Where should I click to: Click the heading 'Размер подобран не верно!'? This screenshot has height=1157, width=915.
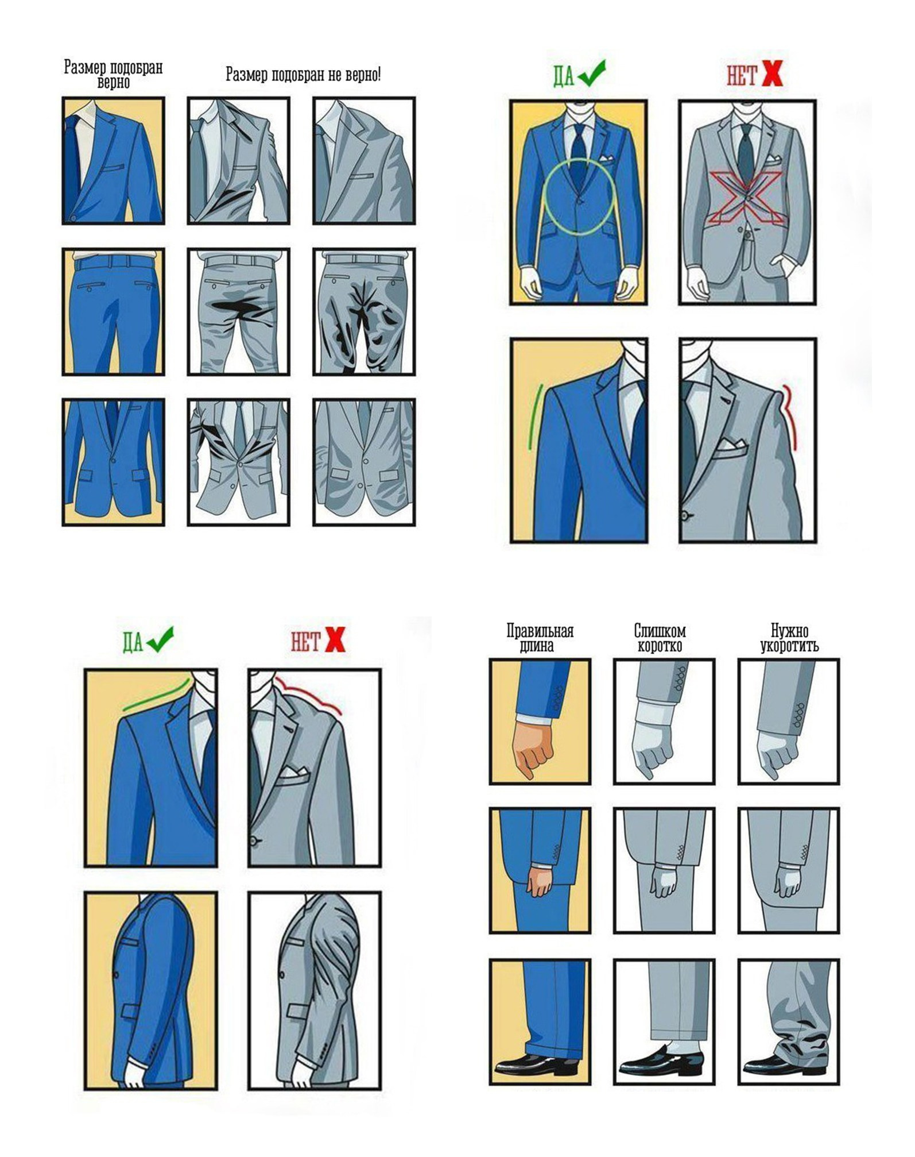pyautogui.click(x=303, y=75)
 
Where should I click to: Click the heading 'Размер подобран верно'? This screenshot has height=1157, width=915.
pyautogui.click(x=113, y=75)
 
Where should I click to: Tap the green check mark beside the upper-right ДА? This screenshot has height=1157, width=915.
pyautogui.click(x=591, y=73)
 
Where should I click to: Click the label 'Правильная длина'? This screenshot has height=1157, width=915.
pyautogui.click(x=540, y=638)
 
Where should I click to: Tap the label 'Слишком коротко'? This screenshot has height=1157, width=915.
pyautogui.click(x=660, y=638)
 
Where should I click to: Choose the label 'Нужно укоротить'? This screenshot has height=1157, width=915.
pyautogui.click(x=789, y=638)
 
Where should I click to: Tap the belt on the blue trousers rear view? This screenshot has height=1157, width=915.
pyautogui.click(x=114, y=261)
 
